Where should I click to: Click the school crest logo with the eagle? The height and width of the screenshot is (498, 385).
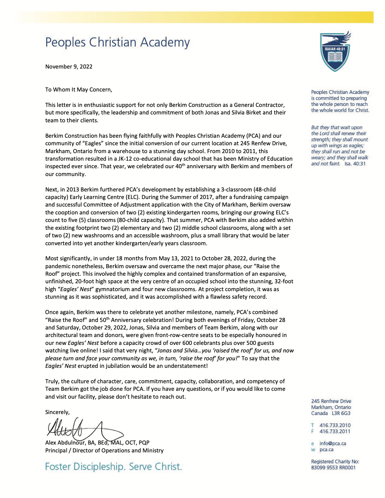click(335, 51)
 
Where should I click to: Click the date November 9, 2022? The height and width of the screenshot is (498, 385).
click(69, 67)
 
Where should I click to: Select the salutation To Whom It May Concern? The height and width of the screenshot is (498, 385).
click(79, 90)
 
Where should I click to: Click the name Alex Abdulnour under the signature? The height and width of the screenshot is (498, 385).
click(65, 443)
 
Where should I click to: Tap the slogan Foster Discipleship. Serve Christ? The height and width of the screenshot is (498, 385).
click(114, 467)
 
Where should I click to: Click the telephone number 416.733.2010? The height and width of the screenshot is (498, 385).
click(335, 425)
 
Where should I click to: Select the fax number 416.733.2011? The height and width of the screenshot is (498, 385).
click(335, 432)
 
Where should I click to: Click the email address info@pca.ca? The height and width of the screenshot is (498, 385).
click(333, 444)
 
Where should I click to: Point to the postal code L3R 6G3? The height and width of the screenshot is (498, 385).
click(341, 413)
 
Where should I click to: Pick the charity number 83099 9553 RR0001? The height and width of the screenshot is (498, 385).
click(333, 468)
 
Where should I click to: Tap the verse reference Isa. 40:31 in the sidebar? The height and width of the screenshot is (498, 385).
click(355, 164)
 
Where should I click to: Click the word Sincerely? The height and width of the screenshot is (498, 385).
click(57, 412)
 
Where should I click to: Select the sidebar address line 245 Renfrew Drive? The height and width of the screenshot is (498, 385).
click(331, 401)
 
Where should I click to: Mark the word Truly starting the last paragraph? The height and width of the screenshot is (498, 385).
click(52, 381)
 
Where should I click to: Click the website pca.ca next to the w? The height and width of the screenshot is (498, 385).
click(326, 450)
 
